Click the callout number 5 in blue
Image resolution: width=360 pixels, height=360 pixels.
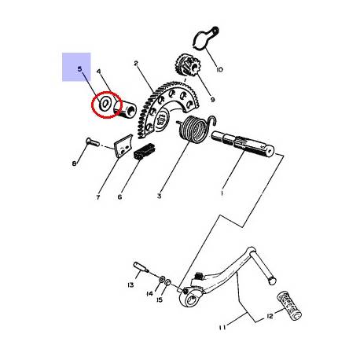(79, 69)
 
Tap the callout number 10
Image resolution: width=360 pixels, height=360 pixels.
(219, 70)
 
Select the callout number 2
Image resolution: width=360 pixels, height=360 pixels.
(136, 63)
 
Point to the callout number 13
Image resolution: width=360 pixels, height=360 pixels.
(130, 285)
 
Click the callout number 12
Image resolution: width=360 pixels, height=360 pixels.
(270, 316)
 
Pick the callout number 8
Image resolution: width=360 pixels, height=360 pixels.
(74, 163)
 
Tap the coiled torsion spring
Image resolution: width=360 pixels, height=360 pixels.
(196, 129)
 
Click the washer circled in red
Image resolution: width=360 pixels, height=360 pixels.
(105, 104)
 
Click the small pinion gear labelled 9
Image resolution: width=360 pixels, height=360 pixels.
(187, 66)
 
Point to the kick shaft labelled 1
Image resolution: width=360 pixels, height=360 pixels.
(243, 145)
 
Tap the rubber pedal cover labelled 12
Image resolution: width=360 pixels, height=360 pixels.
(289, 305)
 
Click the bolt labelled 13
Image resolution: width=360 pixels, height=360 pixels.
(141, 266)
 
